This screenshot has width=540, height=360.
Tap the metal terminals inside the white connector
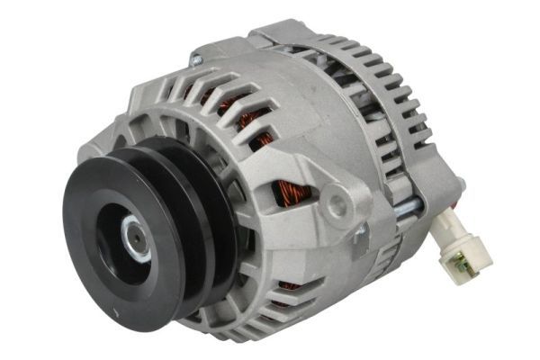[x=462, y=263]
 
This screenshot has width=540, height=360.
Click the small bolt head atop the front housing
[x=195, y=60]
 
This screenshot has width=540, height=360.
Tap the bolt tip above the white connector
[x=461, y=184]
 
